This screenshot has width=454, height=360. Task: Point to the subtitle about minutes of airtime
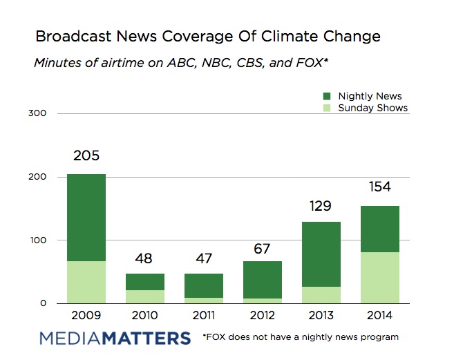180,64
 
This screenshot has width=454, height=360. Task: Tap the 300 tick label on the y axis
39,113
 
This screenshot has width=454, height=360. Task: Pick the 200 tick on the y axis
39,177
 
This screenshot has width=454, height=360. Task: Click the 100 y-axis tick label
39,240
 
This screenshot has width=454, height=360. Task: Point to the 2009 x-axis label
86,315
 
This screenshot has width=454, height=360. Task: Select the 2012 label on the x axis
262,315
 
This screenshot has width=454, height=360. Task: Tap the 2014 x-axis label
379,315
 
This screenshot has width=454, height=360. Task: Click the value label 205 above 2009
86,157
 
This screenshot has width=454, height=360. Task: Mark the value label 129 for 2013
321,205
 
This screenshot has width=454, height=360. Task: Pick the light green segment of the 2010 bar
145,296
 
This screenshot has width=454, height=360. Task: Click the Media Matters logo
115,339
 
